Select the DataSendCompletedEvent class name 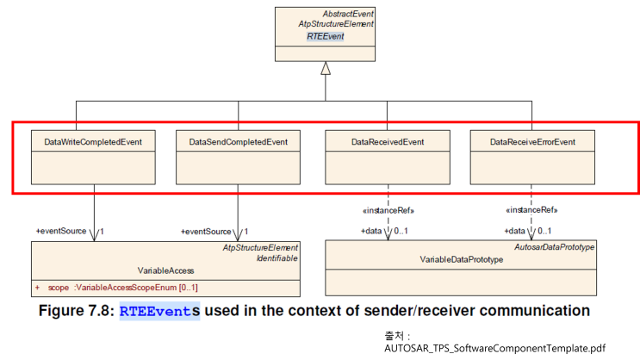pyautogui.click(x=239, y=141)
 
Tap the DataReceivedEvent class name pyautogui.click(x=388, y=141)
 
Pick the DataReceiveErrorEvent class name pyautogui.click(x=532, y=141)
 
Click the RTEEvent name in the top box pyautogui.click(x=326, y=37)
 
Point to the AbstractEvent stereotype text pyautogui.click(x=348, y=15)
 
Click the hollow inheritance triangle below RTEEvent pyautogui.click(x=326, y=68)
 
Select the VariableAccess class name pyautogui.click(x=165, y=270)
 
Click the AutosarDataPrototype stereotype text pyautogui.click(x=554, y=247)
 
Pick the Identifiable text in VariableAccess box pyautogui.click(x=277, y=258)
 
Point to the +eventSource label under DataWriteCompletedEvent pyautogui.click(x=61, y=231)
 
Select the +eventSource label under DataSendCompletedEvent pyautogui.click(x=206, y=231)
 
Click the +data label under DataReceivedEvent pyautogui.click(x=371, y=231)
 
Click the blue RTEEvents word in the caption pyautogui.click(x=159, y=310)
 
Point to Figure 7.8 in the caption pyautogui.click(x=76, y=310)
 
